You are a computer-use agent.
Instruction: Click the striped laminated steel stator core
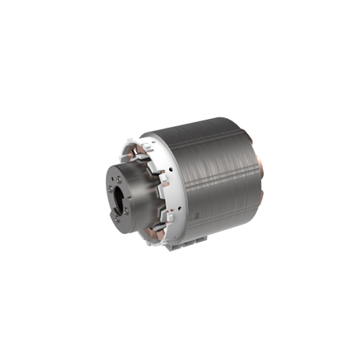(x=215, y=180)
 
